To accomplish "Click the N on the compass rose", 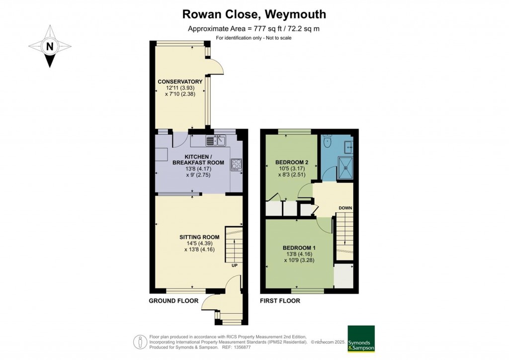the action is (x=50, y=46).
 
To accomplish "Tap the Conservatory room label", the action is (x=180, y=82).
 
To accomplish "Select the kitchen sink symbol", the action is (x=216, y=141).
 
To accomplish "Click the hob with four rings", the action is (x=236, y=165).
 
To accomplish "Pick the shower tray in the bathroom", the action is (x=346, y=168).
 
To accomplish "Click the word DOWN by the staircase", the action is (x=345, y=208).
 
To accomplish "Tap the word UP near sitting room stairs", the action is (x=235, y=266).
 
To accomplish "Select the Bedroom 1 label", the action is (x=299, y=248).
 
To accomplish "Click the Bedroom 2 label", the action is (x=292, y=162).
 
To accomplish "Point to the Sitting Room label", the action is (x=199, y=237).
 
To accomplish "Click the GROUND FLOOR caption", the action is (x=173, y=301).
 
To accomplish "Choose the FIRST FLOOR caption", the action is (x=280, y=301).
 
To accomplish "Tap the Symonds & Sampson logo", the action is (x=361, y=339).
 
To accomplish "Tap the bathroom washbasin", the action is (x=349, y=147).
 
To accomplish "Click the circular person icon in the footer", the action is (x=141, y=342).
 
